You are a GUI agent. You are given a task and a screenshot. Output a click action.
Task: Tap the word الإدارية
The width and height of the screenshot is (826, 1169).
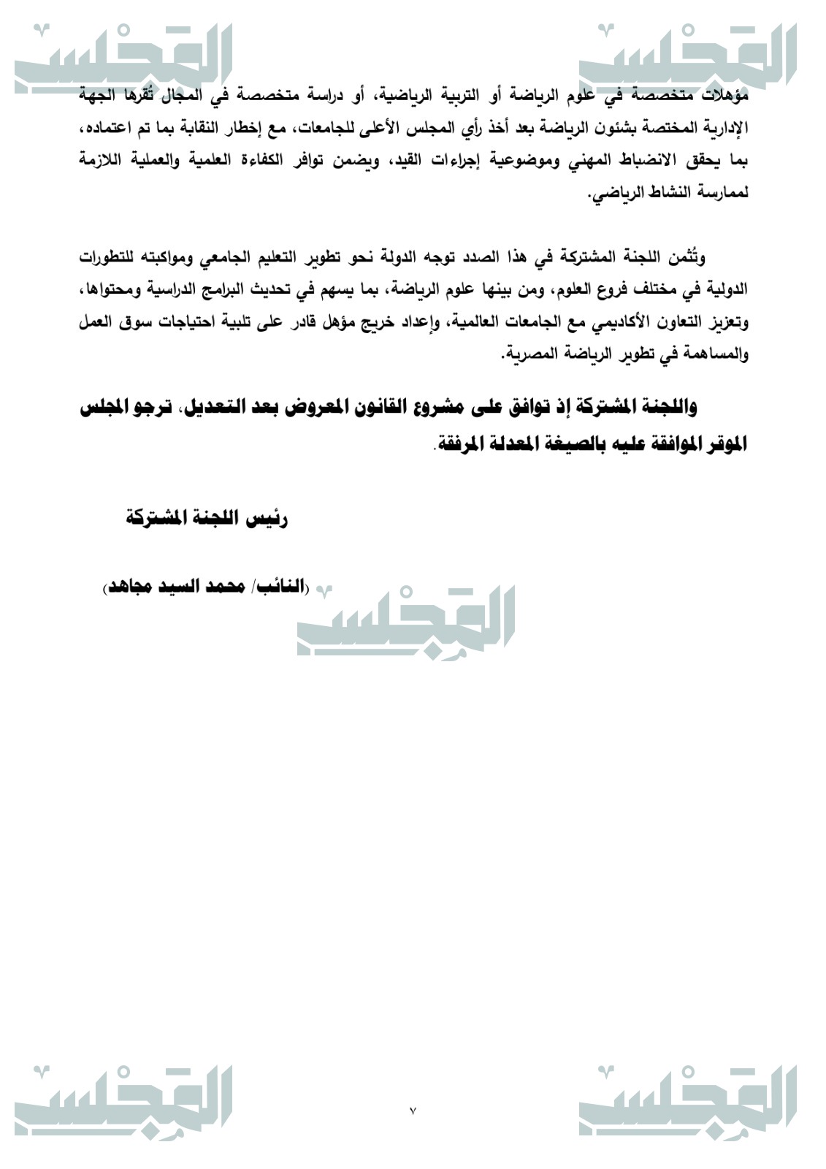(724, 129)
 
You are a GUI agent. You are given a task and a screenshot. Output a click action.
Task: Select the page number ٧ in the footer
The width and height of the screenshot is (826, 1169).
(413, 1111)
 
